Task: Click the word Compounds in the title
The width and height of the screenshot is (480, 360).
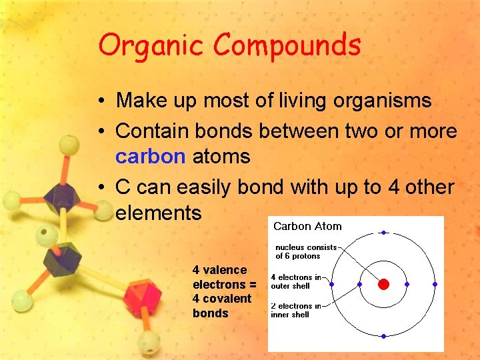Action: [287, 46]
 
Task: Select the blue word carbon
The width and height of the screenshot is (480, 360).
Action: [149, 157]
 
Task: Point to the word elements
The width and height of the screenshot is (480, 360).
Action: [158, 213]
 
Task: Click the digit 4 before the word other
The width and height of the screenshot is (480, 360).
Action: [393, 187]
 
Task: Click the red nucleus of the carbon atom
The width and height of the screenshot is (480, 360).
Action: [383, 284]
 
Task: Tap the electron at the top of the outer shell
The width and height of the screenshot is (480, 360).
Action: [383, 233]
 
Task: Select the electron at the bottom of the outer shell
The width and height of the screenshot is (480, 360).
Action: [383, 335]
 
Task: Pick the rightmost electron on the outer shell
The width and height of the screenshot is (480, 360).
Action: [435, 284]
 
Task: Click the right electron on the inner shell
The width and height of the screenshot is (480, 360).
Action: [407, 284]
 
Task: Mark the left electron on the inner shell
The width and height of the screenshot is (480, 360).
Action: [360, 284]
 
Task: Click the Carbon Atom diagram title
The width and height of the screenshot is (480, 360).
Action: [307, 227]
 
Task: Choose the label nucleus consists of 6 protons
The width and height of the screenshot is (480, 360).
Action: [306, 251]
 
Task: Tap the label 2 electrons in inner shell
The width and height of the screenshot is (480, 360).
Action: [295, 310]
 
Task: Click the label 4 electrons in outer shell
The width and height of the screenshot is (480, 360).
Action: [295, 281]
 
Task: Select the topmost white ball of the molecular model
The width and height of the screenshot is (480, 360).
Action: [69, 143]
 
